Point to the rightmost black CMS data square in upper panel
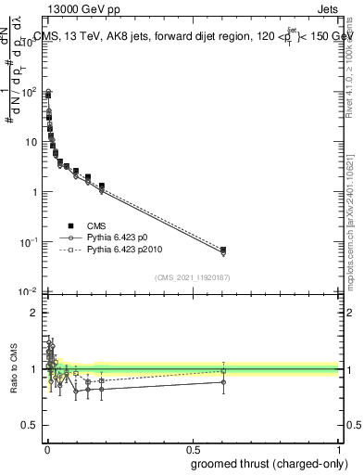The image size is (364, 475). [x=222, y=250]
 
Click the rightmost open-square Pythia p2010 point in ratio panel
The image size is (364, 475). [x=222, y=371]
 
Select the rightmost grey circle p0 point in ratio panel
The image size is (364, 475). [x=222, y=381]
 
